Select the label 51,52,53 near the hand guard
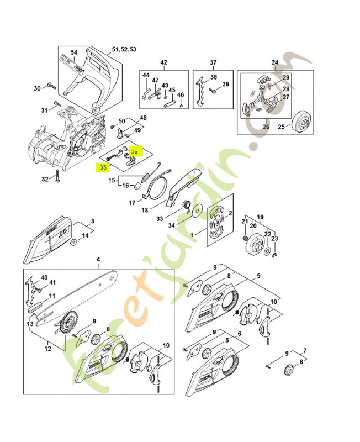124,49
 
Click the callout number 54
74,52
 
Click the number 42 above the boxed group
163,62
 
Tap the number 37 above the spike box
213,62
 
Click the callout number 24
274,62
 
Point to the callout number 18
145,210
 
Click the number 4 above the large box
98,259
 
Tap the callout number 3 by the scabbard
92,222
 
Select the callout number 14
85,236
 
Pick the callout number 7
305,350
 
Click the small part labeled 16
134,186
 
